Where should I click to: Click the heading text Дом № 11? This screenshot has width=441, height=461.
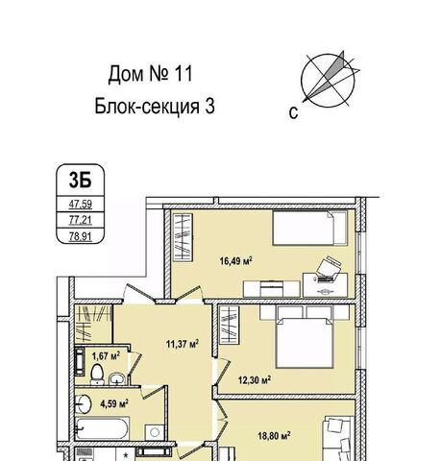(151, 74)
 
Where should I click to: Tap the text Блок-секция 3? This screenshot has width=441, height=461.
(155, 107)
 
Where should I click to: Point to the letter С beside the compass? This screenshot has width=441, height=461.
(293, 113)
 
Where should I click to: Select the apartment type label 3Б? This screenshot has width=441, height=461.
(80, 180)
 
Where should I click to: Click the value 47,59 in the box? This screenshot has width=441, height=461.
(81, 204)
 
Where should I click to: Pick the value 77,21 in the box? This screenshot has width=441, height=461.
(81, 220)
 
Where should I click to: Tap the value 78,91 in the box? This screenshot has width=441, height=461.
(81, 236)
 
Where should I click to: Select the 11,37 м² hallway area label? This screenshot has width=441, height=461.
(183, 344)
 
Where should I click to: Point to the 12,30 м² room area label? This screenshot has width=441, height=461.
(255, 380)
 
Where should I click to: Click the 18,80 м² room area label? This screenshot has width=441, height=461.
(275, 435)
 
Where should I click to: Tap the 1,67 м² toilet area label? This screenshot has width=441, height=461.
(106, 355)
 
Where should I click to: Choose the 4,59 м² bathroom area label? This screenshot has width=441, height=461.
(114, 403)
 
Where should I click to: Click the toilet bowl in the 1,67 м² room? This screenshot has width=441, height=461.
(97, 374)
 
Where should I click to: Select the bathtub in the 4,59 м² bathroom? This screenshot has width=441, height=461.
(103, 428)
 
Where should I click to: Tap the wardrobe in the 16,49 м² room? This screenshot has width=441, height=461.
(183, 237)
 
